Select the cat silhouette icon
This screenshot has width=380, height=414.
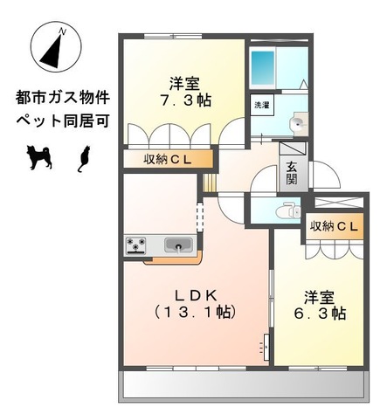85,158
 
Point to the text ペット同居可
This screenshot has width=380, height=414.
62,121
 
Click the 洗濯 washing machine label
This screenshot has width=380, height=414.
261,106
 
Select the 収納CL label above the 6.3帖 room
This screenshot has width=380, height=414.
333,226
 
